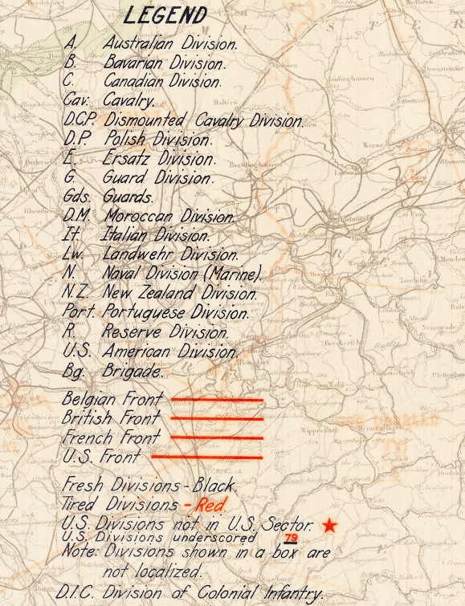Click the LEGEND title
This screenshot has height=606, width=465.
pyautogui.click(x=165, y=16)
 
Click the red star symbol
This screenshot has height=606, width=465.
pyautogui.click(x=329, y=526)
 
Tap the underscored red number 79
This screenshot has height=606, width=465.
pyautogui.click(x=291, y=537)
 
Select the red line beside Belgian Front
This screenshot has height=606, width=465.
pyautogui.click(x=216, y=399)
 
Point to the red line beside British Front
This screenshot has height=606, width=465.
pyautogui.click(x=216, y=418)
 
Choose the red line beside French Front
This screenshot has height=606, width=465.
pyautogui.click(x=216, y=437)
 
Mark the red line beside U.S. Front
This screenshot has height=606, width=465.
pyautogui.click(x=206, y=457)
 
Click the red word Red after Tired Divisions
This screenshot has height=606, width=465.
pyautogui.click(x=211, y=505)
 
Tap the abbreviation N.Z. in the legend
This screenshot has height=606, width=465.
pyautogui.click(x=77, y=293)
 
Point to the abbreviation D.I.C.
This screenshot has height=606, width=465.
pyautogui.click(x=80, y=593)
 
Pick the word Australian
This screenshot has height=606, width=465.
pyautogui.click(x=140, y=43)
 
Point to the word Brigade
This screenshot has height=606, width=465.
pyautogui.click(x=132, y=371)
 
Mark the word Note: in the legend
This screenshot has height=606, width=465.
pyautogui.click(x=81, y=553)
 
